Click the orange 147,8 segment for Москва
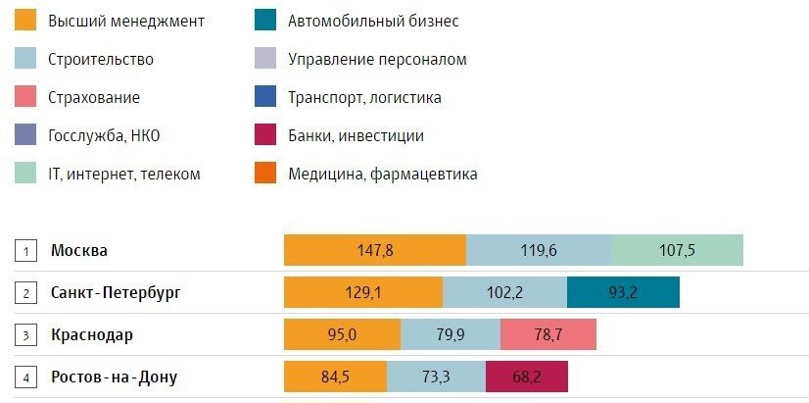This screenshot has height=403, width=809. coord(375,250)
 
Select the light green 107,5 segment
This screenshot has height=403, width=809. coord(677,250)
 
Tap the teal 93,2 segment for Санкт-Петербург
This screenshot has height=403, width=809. coord(623,292)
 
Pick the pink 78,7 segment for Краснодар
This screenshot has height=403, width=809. coord(547,334)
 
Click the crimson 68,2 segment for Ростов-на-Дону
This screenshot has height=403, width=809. coord(526,377)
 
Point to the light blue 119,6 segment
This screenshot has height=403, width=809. coord(539,250)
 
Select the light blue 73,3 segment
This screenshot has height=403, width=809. coord(436,377)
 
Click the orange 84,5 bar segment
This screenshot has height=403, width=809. coord(335,377)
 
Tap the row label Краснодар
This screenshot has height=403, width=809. coord(92,334)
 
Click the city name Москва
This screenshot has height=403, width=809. coord(79,250)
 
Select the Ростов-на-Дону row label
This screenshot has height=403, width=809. coord(114,377)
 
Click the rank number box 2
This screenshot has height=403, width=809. coord(24,292)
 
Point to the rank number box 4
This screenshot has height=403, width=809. coord(24,377)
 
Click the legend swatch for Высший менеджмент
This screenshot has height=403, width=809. coord(26,21)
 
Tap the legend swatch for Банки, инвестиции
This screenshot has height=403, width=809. coord(267,135)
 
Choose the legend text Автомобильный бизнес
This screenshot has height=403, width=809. coord(373,21)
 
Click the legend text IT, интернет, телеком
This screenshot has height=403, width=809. coord(123,174)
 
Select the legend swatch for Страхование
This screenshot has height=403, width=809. coord(26,97)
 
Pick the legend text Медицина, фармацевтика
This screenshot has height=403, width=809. coord(383,174)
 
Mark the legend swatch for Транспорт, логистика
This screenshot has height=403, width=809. coord(267,97)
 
